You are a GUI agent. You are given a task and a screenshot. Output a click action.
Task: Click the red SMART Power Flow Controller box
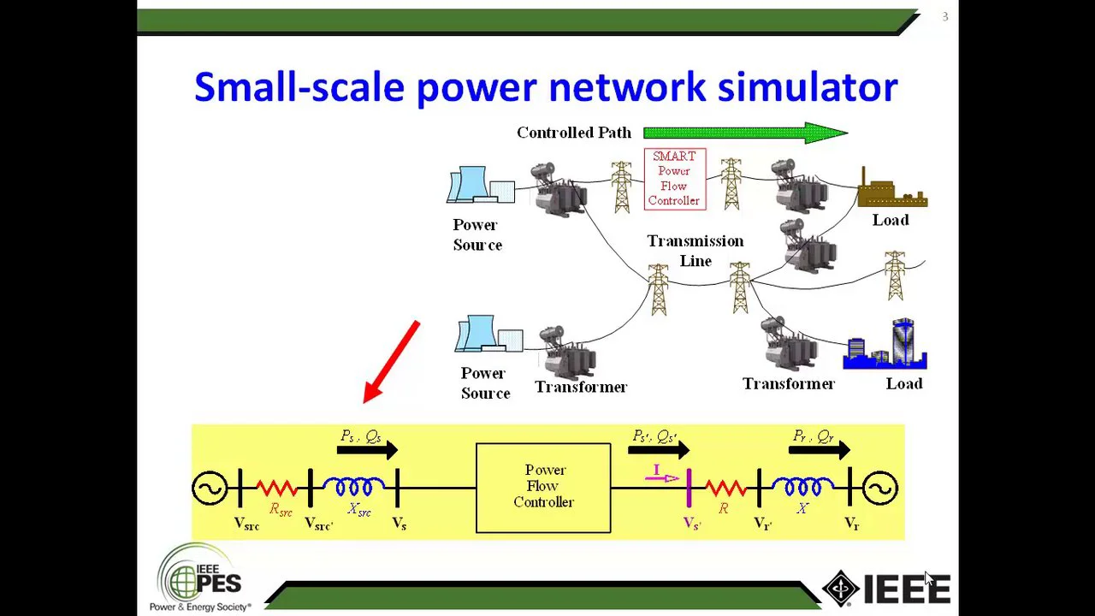click(x=674, y=179)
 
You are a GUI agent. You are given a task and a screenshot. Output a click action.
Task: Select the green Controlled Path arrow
click(x=744, y=133)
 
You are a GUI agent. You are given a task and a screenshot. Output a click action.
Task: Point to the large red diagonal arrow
click(x=392, y=362)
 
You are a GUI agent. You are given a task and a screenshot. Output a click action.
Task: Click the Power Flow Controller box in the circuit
click(x=543, y=488)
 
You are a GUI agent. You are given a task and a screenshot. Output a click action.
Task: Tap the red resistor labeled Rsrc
click(x=276, y=489)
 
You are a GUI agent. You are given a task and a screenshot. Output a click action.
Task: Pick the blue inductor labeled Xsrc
click(x=353, y=488)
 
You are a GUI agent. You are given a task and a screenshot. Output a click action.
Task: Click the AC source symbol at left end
click(x=210, y=489)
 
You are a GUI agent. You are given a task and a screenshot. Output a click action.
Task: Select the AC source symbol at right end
click(x=879, y=489)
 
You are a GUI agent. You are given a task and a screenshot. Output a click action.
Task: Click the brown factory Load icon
click(x=891, y=190)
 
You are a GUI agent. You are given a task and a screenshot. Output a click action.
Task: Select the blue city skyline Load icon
click(x=886, y=346)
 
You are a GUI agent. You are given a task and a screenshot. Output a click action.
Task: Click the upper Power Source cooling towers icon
click(x=479, y=185)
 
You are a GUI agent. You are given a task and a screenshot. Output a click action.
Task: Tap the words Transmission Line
click(x=695, y=251)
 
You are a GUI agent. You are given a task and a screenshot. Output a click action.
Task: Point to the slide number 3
click(x=945, y=16)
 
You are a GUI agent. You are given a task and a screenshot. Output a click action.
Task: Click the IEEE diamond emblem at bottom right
click(x=841, y=589)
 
